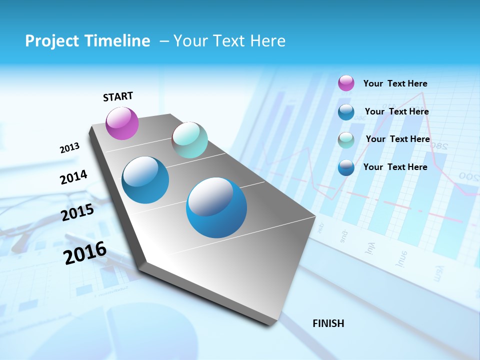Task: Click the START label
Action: [x=118, y=96]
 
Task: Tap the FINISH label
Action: [x=328, y=323]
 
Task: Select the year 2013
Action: [x=69, y=148]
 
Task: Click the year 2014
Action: [x=73, y=177]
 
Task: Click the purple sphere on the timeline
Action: [x=122, y=123]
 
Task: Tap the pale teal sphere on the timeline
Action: [x=189, y=139]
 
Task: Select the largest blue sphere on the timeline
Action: [x=216, y=207]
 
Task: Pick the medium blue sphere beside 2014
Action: [x=145, y=180]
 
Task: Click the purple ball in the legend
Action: [x=346, y=83]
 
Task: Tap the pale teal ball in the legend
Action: [x=346, y=140]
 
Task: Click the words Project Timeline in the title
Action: [x=87, y=41]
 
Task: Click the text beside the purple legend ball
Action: [x=395, y=84]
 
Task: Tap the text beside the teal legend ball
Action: [x=397, y=139]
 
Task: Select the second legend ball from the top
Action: [x=346, y=112]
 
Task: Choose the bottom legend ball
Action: [x=346, y=167]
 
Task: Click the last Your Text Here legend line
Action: [x=395, y=167]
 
